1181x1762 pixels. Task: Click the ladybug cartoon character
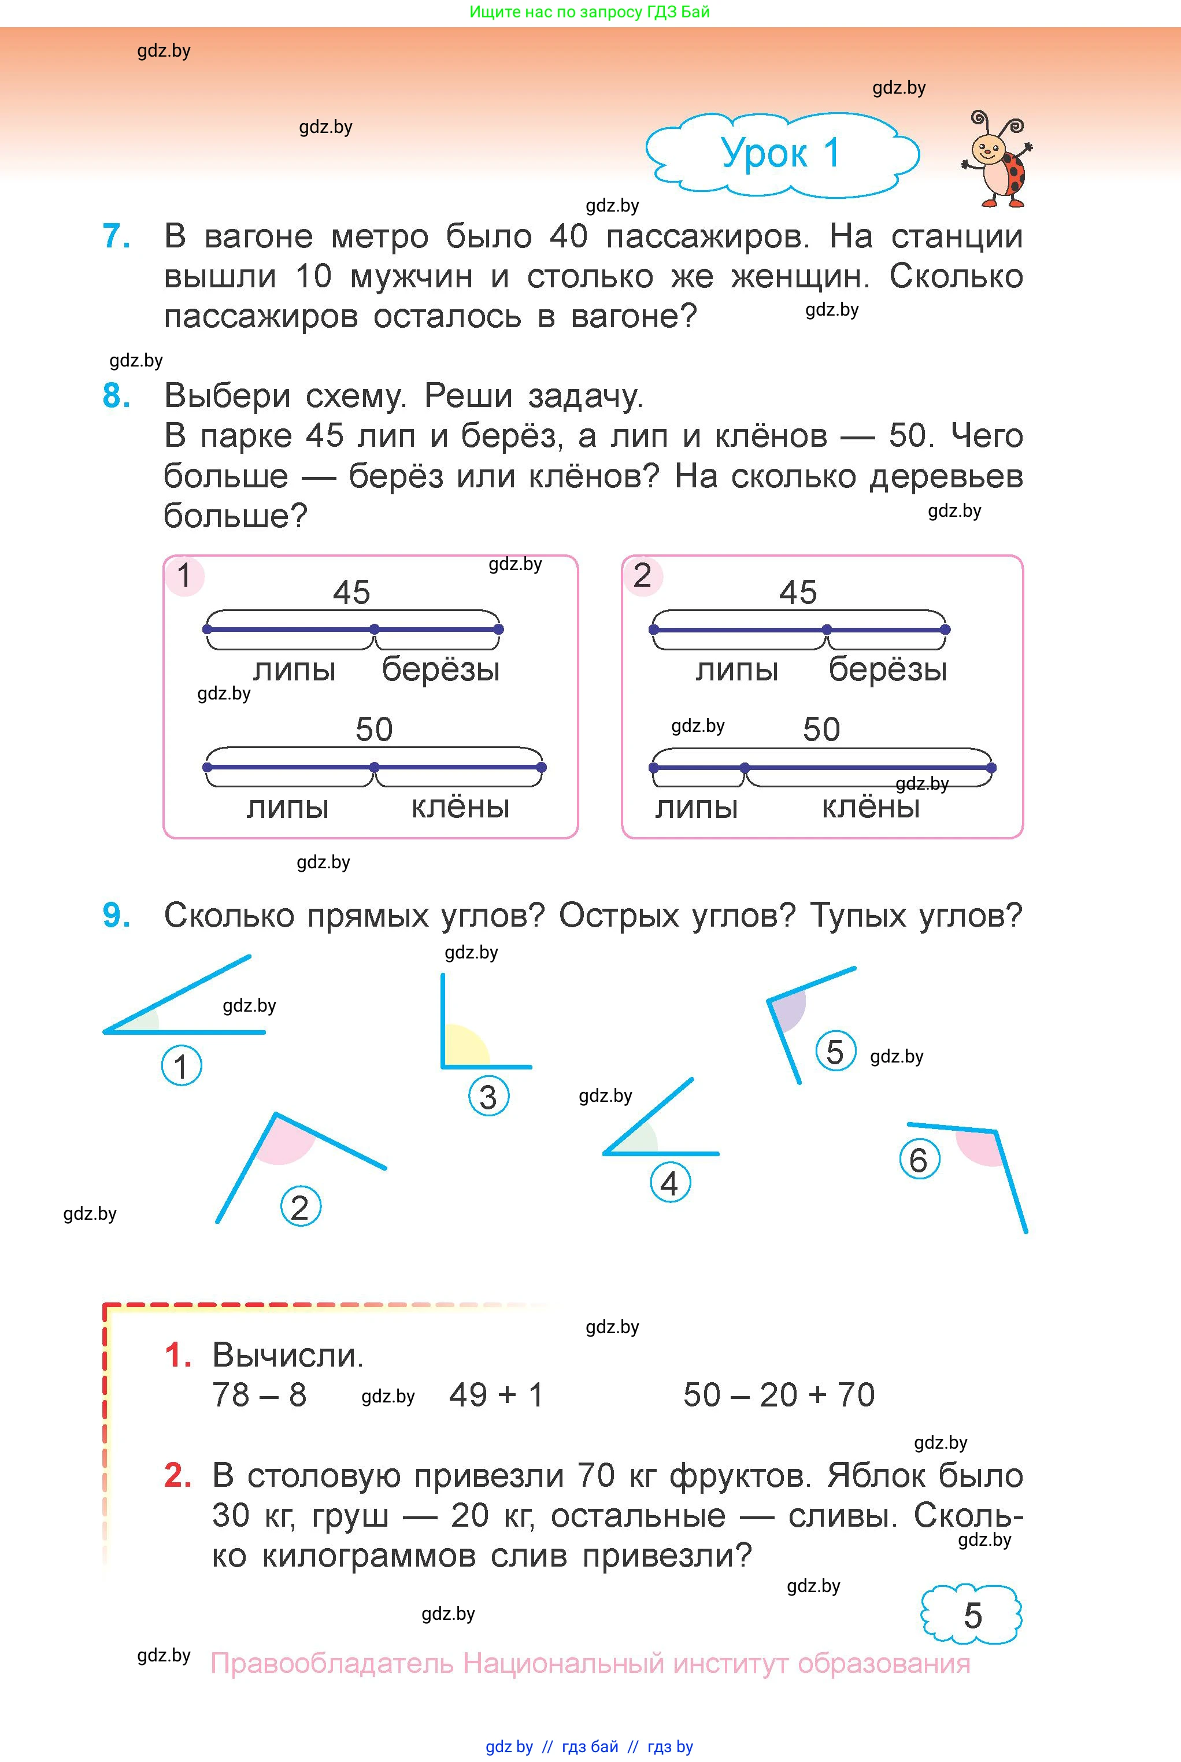[x=997, y=160]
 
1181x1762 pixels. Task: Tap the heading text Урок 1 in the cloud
[x=780, y=154]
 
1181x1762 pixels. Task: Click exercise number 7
[x=116, y=236]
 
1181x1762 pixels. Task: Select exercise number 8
[x=116, y=395]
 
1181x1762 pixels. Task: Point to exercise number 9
[x=116, y=916]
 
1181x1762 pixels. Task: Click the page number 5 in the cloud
[x=972, y=1615]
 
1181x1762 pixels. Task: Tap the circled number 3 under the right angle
[x=488, y=1097]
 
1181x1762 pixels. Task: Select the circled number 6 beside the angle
[x=919, y=1160]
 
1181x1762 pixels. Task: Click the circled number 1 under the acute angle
[x=182, y=1066]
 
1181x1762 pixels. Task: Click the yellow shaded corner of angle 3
[x=463, y=1047]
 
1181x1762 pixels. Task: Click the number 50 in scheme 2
[x=821, y=730]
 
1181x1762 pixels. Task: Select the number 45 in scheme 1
[x=351, y=593]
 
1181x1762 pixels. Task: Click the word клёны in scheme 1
[x=460, y=807]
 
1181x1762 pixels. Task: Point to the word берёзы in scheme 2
[x=887, y=669]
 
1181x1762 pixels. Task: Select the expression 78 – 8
[x=259, y=1394]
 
